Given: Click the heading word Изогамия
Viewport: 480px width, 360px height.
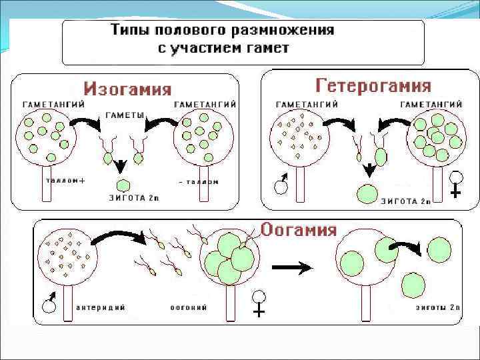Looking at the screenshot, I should tap(127, 89).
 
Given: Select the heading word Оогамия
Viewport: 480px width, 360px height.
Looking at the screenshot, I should tap(298, 230).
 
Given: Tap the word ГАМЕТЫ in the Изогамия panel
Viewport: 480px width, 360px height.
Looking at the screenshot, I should tap(125, 115).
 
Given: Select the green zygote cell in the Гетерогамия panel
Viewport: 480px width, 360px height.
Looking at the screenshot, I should tap(367, 193).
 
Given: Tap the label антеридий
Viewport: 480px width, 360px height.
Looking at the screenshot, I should tap(101, 307).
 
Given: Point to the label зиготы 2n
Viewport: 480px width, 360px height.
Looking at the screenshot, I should tap(437, 307).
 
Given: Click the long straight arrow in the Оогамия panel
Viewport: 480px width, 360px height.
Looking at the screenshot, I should tap(291, 267).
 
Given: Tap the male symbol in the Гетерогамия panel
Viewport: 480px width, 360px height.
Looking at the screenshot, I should tap(282, 185).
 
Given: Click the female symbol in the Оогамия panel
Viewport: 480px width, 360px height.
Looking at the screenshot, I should tap(259, 303).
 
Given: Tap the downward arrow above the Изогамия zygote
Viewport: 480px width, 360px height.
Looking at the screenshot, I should tap(121, 165).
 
